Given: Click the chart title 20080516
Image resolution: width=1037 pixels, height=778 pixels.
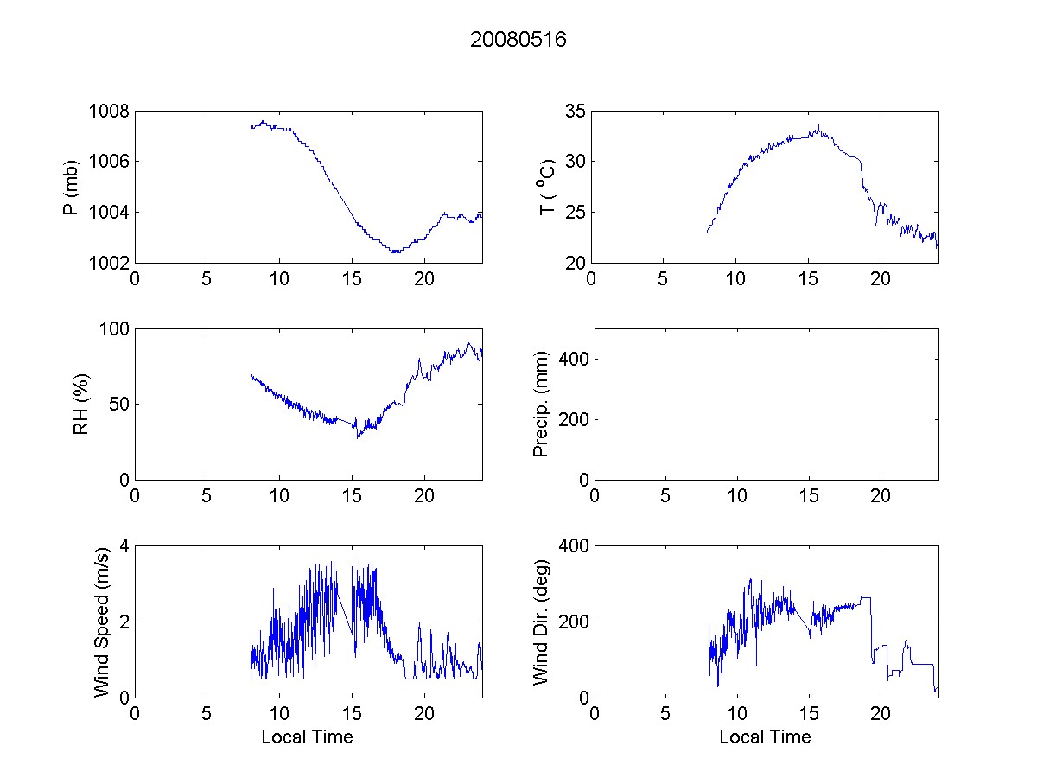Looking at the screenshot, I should pos(518,40).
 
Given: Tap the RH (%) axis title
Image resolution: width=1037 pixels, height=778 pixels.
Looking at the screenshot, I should pos(81,404).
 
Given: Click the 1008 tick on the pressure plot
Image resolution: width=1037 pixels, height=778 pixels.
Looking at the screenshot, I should pos(108,112).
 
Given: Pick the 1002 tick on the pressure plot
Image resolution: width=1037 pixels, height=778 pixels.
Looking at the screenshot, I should pos(108,263).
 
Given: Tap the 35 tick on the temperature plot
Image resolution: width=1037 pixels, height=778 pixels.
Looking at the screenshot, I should pos(576,112).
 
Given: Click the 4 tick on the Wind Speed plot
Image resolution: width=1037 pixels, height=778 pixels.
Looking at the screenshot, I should pos(124,546).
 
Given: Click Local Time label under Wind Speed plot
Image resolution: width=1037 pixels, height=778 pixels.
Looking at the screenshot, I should pos(307,737).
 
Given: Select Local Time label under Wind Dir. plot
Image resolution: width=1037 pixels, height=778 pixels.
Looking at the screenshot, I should pos(765,737).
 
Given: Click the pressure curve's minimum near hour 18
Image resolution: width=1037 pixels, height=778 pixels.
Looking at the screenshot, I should pos(395,252).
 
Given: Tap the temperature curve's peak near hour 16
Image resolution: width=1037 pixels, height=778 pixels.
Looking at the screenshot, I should pos(818,127).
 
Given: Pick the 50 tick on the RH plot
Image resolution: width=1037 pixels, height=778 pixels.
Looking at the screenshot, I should pos(118,405).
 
